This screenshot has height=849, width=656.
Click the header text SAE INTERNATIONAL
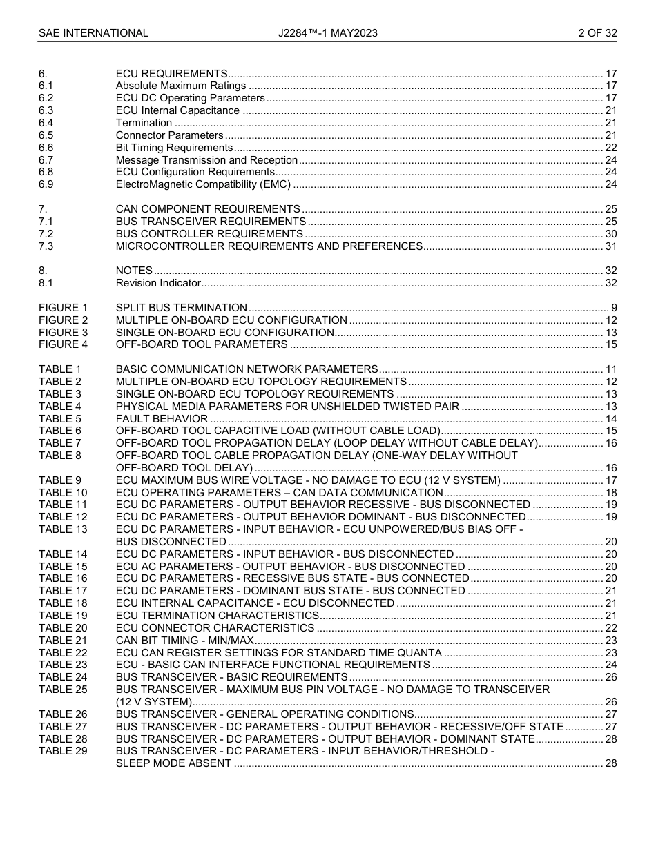(93, 33)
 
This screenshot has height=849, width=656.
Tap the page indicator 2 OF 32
(597, 33)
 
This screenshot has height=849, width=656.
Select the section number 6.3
(46, 110)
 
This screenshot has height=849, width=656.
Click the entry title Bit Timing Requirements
(174, 148)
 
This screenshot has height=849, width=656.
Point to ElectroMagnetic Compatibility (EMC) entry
(203, 184)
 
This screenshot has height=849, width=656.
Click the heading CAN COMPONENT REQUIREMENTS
(208, 209)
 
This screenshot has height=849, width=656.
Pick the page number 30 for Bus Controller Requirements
(610, 234)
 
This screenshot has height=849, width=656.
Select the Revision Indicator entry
(158, 283)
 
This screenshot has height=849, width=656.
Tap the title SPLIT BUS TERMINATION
(181, 308)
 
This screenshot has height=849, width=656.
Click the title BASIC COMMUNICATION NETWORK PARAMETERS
(247, 369)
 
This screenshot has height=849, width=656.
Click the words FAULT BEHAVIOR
(162, 419)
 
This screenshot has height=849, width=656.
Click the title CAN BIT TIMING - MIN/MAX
(184, 641)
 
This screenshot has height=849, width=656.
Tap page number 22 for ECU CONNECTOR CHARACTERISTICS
(610, 628)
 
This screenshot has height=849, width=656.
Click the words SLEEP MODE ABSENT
(173, 763)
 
